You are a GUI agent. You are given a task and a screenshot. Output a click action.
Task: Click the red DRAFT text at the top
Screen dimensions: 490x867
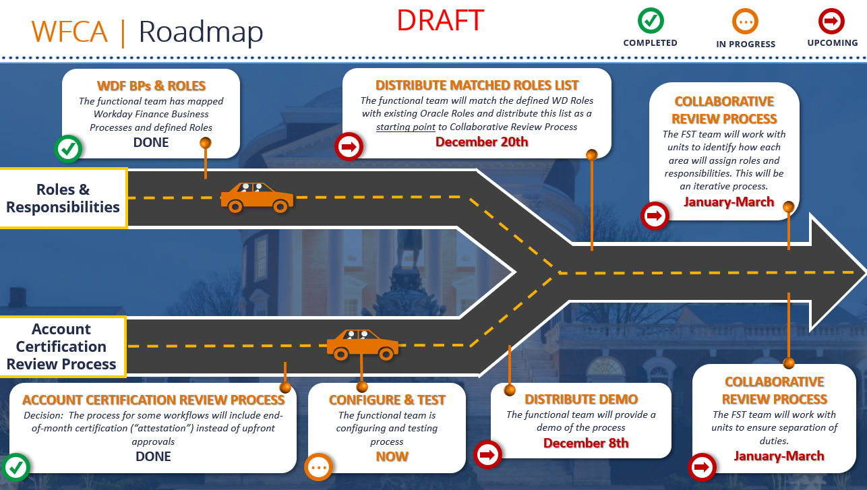440,20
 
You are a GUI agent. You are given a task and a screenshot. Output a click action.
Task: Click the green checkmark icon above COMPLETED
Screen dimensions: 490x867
651,21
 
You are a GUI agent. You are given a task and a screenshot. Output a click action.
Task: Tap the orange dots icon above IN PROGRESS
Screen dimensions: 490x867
745,22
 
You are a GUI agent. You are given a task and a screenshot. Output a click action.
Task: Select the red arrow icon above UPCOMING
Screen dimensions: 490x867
831,22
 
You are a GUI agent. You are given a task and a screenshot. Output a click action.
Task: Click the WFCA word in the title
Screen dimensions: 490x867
69,32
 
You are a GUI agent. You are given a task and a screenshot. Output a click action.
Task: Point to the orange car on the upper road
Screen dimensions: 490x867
257,197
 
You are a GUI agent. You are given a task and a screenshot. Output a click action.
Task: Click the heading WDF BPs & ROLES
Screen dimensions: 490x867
151,86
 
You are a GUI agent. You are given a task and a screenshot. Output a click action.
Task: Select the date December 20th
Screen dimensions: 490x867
481,142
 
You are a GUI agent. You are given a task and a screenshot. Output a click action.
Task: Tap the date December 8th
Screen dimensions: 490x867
586,443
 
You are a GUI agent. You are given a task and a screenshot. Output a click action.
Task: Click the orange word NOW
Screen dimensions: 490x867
392,456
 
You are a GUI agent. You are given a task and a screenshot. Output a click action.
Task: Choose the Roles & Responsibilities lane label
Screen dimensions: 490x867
63,198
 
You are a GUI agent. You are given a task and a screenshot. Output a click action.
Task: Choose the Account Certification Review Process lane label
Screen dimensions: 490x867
62,346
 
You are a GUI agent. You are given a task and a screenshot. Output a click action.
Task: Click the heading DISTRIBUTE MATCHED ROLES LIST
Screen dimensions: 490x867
477,86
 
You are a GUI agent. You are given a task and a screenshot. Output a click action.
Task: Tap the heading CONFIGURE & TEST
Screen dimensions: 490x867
386,400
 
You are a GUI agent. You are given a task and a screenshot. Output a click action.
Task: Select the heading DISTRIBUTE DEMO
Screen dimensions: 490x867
581,400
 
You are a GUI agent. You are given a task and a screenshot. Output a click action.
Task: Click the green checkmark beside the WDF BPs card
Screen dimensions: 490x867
67,149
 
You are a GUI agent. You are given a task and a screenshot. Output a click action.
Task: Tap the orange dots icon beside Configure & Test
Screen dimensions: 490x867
318,466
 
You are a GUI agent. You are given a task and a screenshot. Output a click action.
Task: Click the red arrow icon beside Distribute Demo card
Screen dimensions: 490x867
487,455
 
